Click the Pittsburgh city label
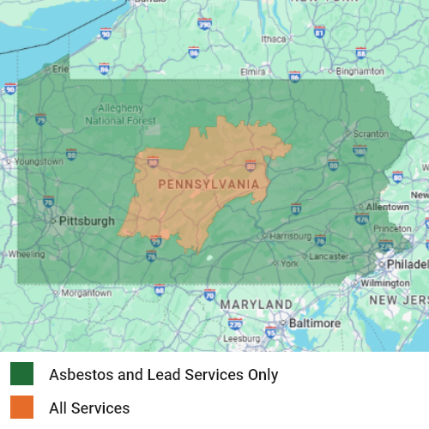point(86,221)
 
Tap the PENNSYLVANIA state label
point(209,184)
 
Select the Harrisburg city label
point(291,235)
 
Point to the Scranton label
point(371,135)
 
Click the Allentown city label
point(387,207)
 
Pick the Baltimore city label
point(314,323)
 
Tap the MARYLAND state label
point(256,305)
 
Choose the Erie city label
point(60,68)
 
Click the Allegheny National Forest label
point(126,115)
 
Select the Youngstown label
point(39,161)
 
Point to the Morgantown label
point(87,293)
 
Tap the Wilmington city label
point(385,282)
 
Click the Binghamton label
point(360,71)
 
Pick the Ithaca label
point(274,39)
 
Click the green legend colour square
point(22,374)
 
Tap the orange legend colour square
point(22,408)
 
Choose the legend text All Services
point(89,408)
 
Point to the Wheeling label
point(26,254)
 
